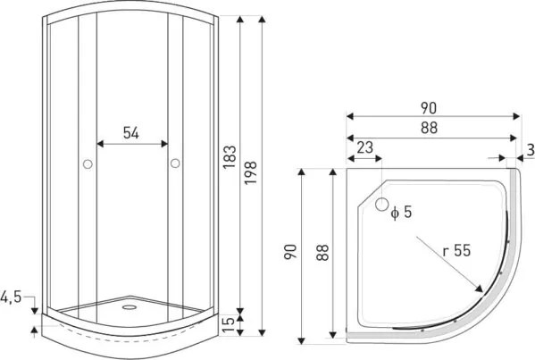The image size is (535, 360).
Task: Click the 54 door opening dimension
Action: (x=131, y=133)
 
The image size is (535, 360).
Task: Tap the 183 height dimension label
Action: (x=230, y=157)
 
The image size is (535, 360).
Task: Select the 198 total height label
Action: (x=251, y=173)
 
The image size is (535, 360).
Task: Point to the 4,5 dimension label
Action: (x=11, y=297)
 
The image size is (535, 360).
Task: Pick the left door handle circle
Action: (x=88, y=164)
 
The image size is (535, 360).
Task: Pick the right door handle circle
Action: (x=175, y=163)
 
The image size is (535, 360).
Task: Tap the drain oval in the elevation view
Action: (x=130, y=307)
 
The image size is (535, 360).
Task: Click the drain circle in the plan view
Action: (x=382, y=204)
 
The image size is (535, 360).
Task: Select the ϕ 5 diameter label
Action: (x=402, y=213)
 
